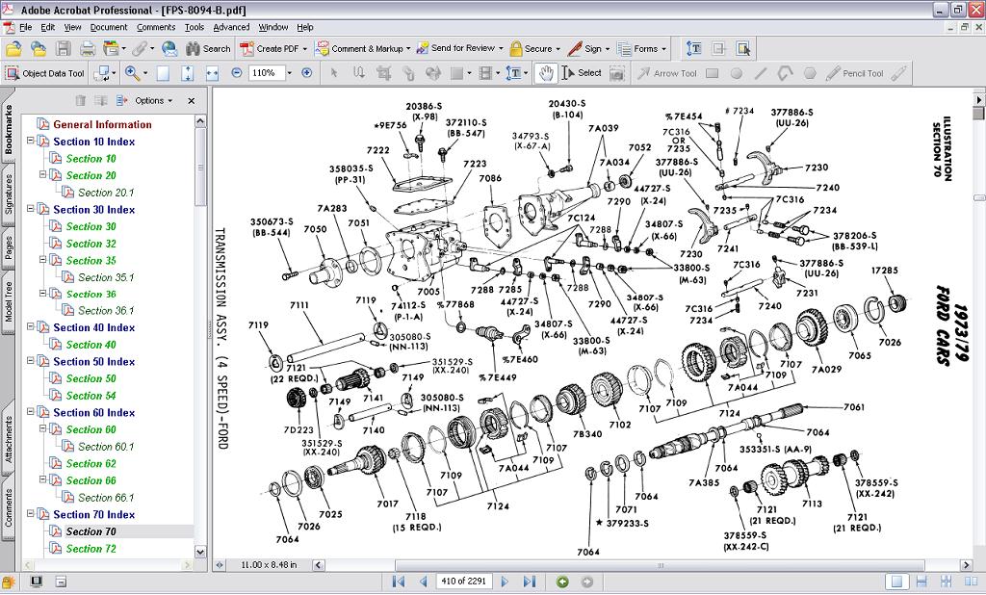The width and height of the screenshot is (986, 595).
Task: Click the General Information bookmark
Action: pos(102,124)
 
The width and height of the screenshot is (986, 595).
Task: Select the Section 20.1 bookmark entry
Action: pos(106,193)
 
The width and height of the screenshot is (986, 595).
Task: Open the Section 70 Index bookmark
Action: pos(93,514)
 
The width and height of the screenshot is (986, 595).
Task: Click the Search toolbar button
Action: pos(208,48)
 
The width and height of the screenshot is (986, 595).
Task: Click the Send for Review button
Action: pos(462,48)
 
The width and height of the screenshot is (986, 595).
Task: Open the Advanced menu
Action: pos(231,27)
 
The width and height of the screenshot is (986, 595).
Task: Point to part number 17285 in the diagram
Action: pos(884,271)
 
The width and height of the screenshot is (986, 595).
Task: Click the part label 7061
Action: pos(854,407)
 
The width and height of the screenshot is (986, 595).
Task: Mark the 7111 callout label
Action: pos(298,305)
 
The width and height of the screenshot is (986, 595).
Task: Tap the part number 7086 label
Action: pos(490,178)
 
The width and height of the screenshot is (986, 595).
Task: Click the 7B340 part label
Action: pos(586,434)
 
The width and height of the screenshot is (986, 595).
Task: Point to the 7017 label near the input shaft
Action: pos(387,504)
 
